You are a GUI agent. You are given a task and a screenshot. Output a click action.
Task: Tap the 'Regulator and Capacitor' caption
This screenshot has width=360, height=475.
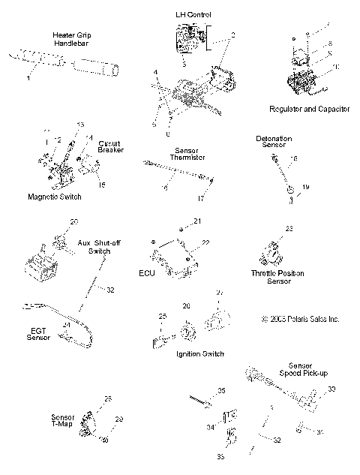tap(309, 109)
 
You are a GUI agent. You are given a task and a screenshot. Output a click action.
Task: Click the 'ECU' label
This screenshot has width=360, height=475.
tap(146, 273)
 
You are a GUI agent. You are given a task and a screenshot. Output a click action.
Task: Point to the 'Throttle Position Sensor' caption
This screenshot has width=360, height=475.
tap(277, 277)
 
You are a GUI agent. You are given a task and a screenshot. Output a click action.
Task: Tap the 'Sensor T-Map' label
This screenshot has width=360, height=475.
tap(62, 420)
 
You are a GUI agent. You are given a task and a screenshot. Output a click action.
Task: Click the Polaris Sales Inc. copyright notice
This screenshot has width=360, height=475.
tap(290, 318)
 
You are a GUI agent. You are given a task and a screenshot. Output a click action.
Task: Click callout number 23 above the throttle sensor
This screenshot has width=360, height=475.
tap(288, 228)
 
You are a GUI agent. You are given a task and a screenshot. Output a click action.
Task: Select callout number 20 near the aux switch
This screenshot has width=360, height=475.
tap(73, 221)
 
